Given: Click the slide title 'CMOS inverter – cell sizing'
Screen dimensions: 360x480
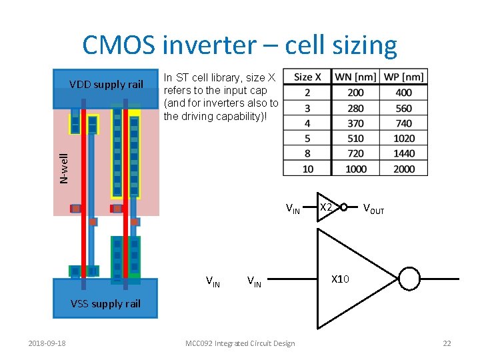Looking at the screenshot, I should pyautogui.click(x=239, y=45).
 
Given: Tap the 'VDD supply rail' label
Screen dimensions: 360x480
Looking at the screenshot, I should pyautogui.click(x=106, y=85).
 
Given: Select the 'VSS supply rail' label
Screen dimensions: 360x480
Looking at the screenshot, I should pyautogui.click(x=105, y=304).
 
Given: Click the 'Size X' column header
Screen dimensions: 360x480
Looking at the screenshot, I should pyautogui.click(x=307, y=77).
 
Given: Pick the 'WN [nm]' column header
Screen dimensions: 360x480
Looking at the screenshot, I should pyautogui.click(x=355, y=77).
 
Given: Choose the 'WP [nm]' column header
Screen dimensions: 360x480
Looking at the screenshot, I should pyautogui.click(x=404, y=77).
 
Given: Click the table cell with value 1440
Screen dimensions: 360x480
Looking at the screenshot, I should pyautogui.click(x=404, y=153).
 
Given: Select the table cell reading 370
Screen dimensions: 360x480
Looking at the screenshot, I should pyautogui.click(x=355, y=123).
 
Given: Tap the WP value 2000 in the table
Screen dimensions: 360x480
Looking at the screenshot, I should pyautogui.click(x=404, y=169).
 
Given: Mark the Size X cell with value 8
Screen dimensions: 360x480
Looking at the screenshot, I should pyautogui.click(x=307, y=153).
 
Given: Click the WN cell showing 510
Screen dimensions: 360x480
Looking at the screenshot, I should pyautogui.click(x=355, y=139).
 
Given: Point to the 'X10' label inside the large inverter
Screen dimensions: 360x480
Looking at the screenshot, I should pyautogui.click(x=340, y=279).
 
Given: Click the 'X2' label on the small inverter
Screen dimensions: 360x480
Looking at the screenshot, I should pyautogui.click(x=326, y=207).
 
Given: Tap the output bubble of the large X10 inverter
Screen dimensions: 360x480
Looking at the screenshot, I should pyautogui.click(x=409, y=279).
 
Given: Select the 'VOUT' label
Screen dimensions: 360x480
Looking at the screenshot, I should pyautogui.click(x=373, y=209).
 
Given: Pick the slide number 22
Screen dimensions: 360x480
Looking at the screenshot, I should pyautogui.click(x=447, y=343).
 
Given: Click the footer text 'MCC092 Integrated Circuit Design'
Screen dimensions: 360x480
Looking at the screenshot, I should pyautogui.click(x=240, y=343).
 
